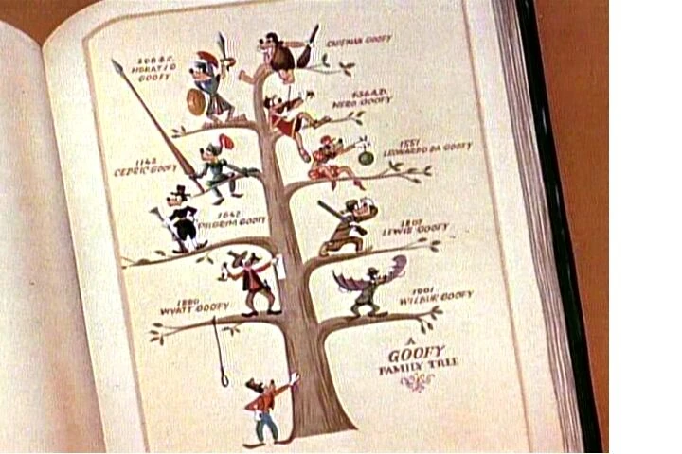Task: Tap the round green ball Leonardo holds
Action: pyautogui.click(x=366, y=157)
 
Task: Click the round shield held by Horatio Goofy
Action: pyautogui.click(x=196, y=101)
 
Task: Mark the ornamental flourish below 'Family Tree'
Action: pyautogui.click(x=417, y=381)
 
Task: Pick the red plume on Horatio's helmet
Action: pyautogui.click(x=206, y=58)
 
